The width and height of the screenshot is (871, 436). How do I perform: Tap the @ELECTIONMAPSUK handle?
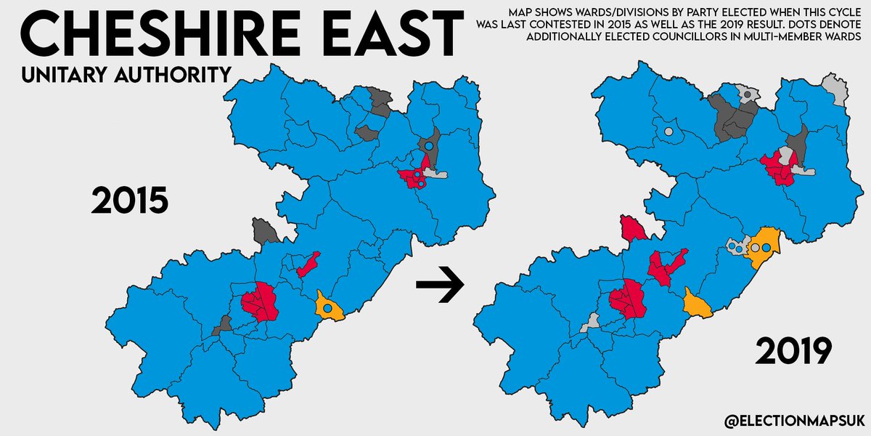coord(791,419)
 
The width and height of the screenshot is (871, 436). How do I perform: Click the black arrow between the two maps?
coord(439,286)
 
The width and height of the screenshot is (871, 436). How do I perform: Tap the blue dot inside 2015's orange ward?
coord(327,309)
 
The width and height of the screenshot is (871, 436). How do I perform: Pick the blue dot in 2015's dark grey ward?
coord(429,146)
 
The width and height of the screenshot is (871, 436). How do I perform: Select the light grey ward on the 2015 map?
coord(433,174)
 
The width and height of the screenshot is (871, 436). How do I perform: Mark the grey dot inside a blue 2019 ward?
coord(668,132)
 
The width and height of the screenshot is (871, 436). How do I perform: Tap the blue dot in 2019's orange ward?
coord(766,248)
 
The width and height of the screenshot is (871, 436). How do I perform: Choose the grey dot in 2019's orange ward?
coord(756,248)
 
